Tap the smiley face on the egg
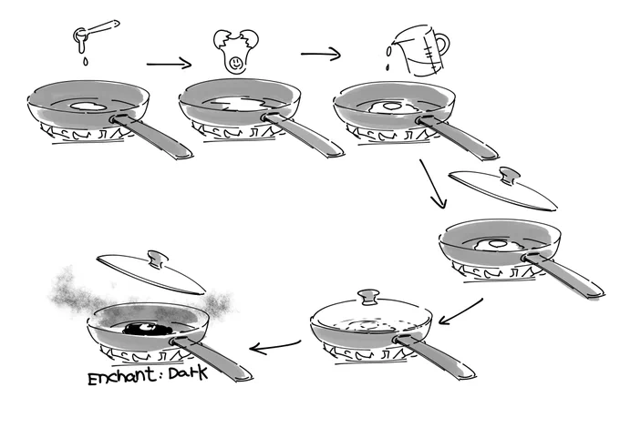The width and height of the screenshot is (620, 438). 235,62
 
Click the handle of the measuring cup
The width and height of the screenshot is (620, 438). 442,46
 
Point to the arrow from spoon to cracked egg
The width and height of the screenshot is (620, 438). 169,63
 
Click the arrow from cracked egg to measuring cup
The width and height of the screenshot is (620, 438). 321,54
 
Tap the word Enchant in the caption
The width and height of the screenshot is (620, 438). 122,376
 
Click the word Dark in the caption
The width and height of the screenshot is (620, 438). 188,373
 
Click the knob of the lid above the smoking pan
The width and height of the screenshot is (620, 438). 157,259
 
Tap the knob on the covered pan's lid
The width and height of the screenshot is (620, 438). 368,297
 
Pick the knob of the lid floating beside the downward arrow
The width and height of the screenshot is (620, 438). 510,175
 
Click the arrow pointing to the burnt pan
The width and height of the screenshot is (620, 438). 274,347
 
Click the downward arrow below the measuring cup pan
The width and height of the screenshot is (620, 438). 433,184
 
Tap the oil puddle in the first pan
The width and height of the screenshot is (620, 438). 88,106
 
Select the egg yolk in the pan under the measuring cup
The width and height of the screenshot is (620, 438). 391,106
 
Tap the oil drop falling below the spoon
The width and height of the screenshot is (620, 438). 85,62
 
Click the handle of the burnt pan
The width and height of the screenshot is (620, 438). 211,358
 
